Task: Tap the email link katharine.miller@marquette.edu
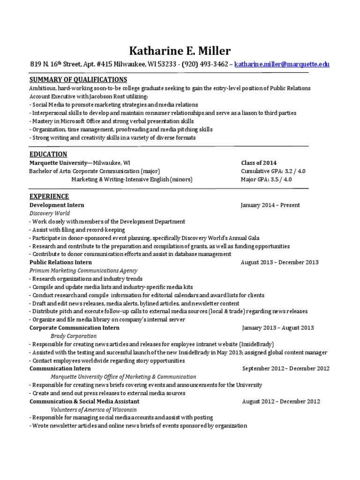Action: click(x=282, y=64)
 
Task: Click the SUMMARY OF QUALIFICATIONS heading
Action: click(x=78, y=80)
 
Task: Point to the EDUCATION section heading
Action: click(x=48, y=154)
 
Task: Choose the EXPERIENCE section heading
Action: click(x=49, y=196)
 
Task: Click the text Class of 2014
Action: click(x=259, y=163)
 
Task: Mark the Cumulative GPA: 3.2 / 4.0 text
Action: click(x=273, y=171)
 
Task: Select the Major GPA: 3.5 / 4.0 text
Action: click(x=266, y=180)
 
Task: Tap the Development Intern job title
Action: click(x=57, y=205)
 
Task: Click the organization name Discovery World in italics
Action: click(x=50, y=213)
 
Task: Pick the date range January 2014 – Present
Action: click(x=270, y=205)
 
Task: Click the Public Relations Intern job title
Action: click(x=60, y=262)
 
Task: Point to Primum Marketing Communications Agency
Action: click(x=83, y=270)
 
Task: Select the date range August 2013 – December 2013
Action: click(x=279, y=262)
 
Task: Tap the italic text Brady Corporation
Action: click(x=74, y=336)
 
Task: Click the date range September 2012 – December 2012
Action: click(x=286, y=369)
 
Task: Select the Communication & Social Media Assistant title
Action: click(x=84, y=402)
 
